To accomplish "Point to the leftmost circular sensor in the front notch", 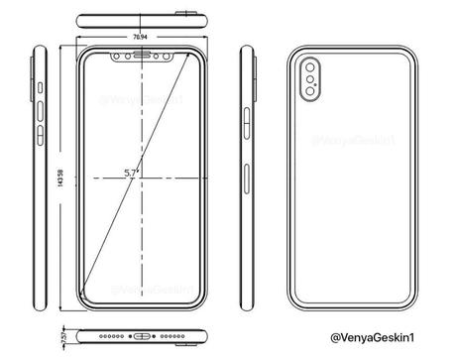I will tap(119, 56).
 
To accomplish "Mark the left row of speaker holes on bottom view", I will tap(112, 334).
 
